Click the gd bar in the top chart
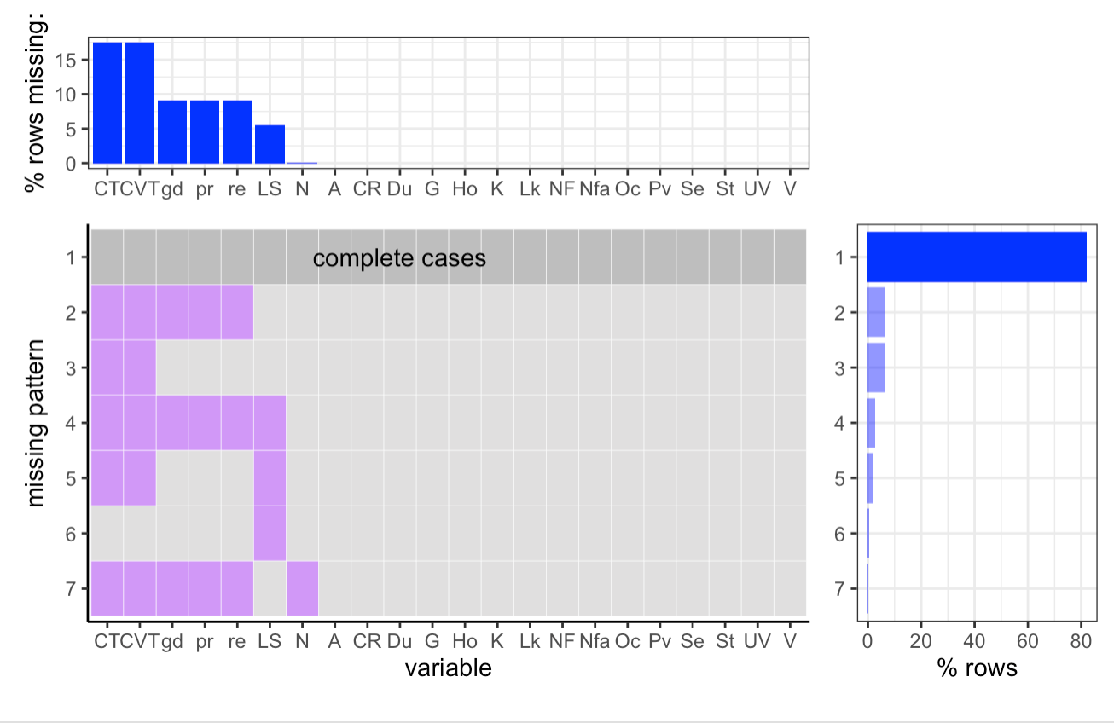click(172, 131)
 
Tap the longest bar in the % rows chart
click(977, 257)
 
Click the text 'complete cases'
click(399, 258)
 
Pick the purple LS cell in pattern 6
click(270, 533)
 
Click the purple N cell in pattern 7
click(302, 588)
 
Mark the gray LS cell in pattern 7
click(270, 588)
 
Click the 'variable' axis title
click(448, 668)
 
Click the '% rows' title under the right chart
click(977, 668)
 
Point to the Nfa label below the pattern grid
click(595, 641)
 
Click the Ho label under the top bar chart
click(465, 189)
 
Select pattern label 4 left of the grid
click(72, 423)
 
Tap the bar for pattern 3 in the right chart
click(876, 367)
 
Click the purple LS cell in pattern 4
click(270, 423)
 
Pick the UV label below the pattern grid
click(757, 641)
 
